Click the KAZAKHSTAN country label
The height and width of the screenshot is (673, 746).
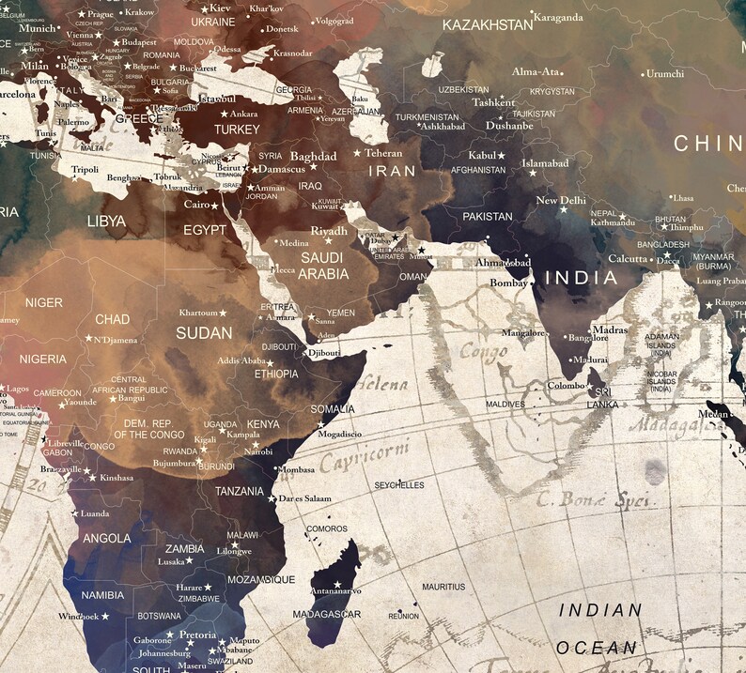(x=488, y=24)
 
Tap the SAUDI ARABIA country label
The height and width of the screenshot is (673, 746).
(x=323, y=266)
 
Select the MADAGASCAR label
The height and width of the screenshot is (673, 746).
(x=327, y=614)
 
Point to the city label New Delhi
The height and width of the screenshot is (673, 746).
(x=561, y=200)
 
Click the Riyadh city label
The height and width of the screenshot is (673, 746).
(x=329, y=231)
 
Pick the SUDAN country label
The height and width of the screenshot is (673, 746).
(x=204, y=332)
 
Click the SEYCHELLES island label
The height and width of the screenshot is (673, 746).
(x=399, y=485)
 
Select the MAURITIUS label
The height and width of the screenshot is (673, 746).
(x=443, y=587)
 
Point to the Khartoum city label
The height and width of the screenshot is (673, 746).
(x=198, y=313)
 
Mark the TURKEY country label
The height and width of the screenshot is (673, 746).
(x=237, y=130)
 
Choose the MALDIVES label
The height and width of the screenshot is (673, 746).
(x=505, y=404)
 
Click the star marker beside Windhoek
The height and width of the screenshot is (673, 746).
(x=105, y=617)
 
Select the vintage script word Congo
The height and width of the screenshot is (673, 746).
(x=483, y=352)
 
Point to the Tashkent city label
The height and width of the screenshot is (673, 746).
(x=493, y=102)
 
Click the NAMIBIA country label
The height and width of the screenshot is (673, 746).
(x=102, y=595)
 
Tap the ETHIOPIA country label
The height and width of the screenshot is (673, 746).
(x=276, y=374)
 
